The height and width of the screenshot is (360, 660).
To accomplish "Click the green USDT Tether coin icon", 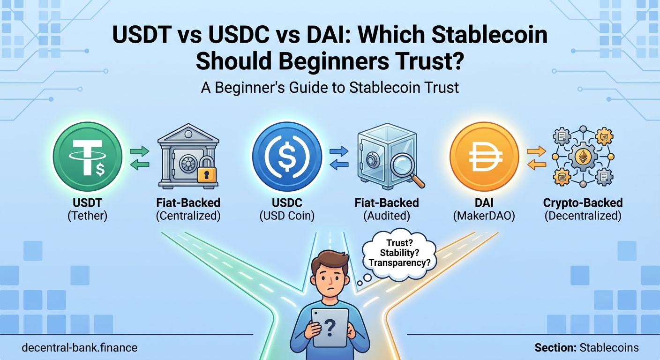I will point(88,157).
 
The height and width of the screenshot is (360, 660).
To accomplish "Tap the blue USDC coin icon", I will point(287,157).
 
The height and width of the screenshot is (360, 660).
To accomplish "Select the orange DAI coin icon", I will point(484,157).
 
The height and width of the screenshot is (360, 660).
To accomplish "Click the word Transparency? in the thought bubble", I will point(399,262).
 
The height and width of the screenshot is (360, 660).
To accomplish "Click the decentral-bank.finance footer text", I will point(80,348).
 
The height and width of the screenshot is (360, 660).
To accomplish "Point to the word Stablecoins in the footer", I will point(609,348).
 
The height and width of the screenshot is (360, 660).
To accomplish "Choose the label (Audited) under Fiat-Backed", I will point(386,216).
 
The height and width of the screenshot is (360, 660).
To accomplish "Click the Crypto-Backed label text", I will point(583,203).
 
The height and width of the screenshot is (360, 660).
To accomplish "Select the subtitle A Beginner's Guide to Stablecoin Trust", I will point(330,87).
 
